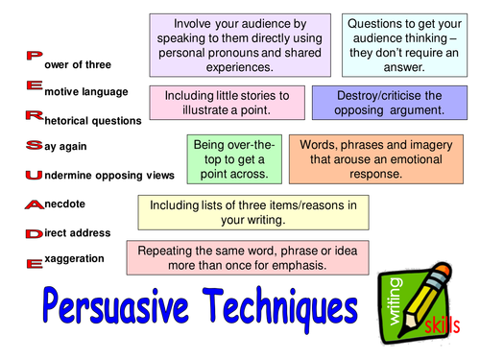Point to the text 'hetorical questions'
coord(95,121)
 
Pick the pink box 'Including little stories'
coord(228,104)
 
